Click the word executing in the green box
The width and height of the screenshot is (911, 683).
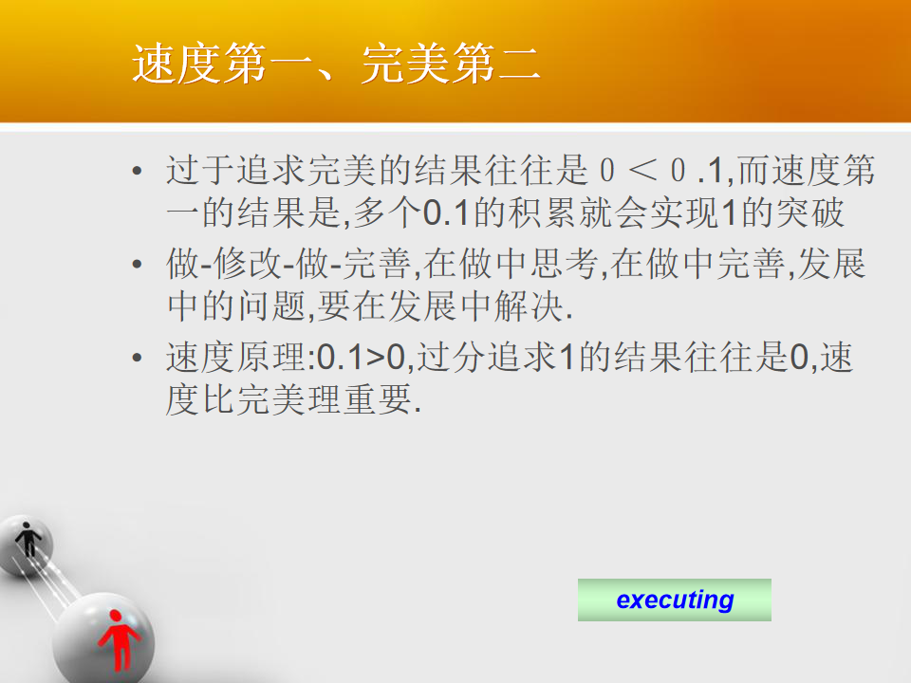click(x=675, y=600)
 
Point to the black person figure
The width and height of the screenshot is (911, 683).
click(x=28, y=540)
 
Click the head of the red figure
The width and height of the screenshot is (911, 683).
click(x=115, y=615)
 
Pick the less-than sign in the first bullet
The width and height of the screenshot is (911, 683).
click(x=642, y=170)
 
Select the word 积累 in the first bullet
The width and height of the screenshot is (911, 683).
click(x=542, y=212)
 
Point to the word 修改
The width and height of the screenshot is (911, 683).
click(x=248, y=264)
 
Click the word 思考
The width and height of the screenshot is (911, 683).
click(x=564, y=264)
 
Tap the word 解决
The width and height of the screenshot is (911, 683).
click(x=530, y=306)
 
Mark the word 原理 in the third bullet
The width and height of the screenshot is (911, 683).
click(x=270, y=358)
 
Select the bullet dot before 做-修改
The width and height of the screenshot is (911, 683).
click(x=137, y=265)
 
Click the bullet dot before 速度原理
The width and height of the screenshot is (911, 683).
click(x=137, y=358)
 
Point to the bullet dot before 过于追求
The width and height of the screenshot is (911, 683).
click(x=137, y=171)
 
